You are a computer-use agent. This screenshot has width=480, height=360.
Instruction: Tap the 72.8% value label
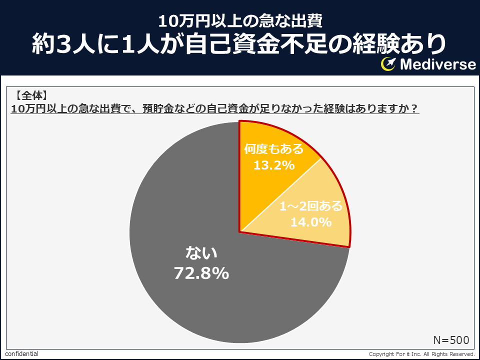point(201,273)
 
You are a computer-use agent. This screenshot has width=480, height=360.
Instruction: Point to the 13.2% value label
point(274,165)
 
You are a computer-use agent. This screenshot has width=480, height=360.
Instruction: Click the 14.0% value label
point(310,222)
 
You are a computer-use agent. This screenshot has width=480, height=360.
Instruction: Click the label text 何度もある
point(273,149)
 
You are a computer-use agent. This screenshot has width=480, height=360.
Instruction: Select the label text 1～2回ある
point(310,206)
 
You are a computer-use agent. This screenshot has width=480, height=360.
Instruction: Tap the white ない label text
point(201,253)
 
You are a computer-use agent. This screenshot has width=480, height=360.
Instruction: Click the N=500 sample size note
point(451,340)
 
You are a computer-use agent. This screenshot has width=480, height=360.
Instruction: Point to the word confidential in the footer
point(21,354)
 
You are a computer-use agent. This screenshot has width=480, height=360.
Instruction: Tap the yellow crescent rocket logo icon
point(388,64)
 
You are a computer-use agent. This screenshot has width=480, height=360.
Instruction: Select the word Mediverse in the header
point(438,64)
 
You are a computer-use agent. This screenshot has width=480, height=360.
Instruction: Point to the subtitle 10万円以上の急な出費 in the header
point(240,21)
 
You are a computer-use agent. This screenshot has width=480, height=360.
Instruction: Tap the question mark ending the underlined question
point(414,108)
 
